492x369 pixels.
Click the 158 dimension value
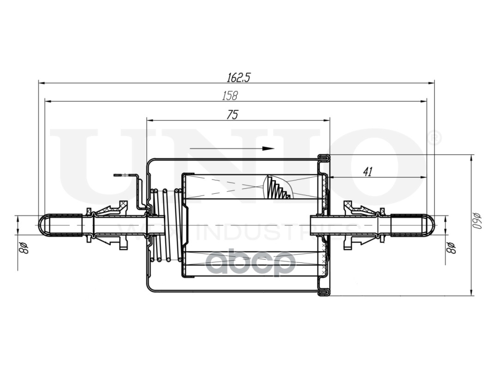[230, 95]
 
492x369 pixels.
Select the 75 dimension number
[233, 115]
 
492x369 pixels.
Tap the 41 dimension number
[367, 172]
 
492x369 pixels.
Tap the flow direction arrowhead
[268, 149]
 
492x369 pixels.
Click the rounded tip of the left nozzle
[42, 225]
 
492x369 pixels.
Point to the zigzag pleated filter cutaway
[278, 188]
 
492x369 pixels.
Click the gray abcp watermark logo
[250, 264]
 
